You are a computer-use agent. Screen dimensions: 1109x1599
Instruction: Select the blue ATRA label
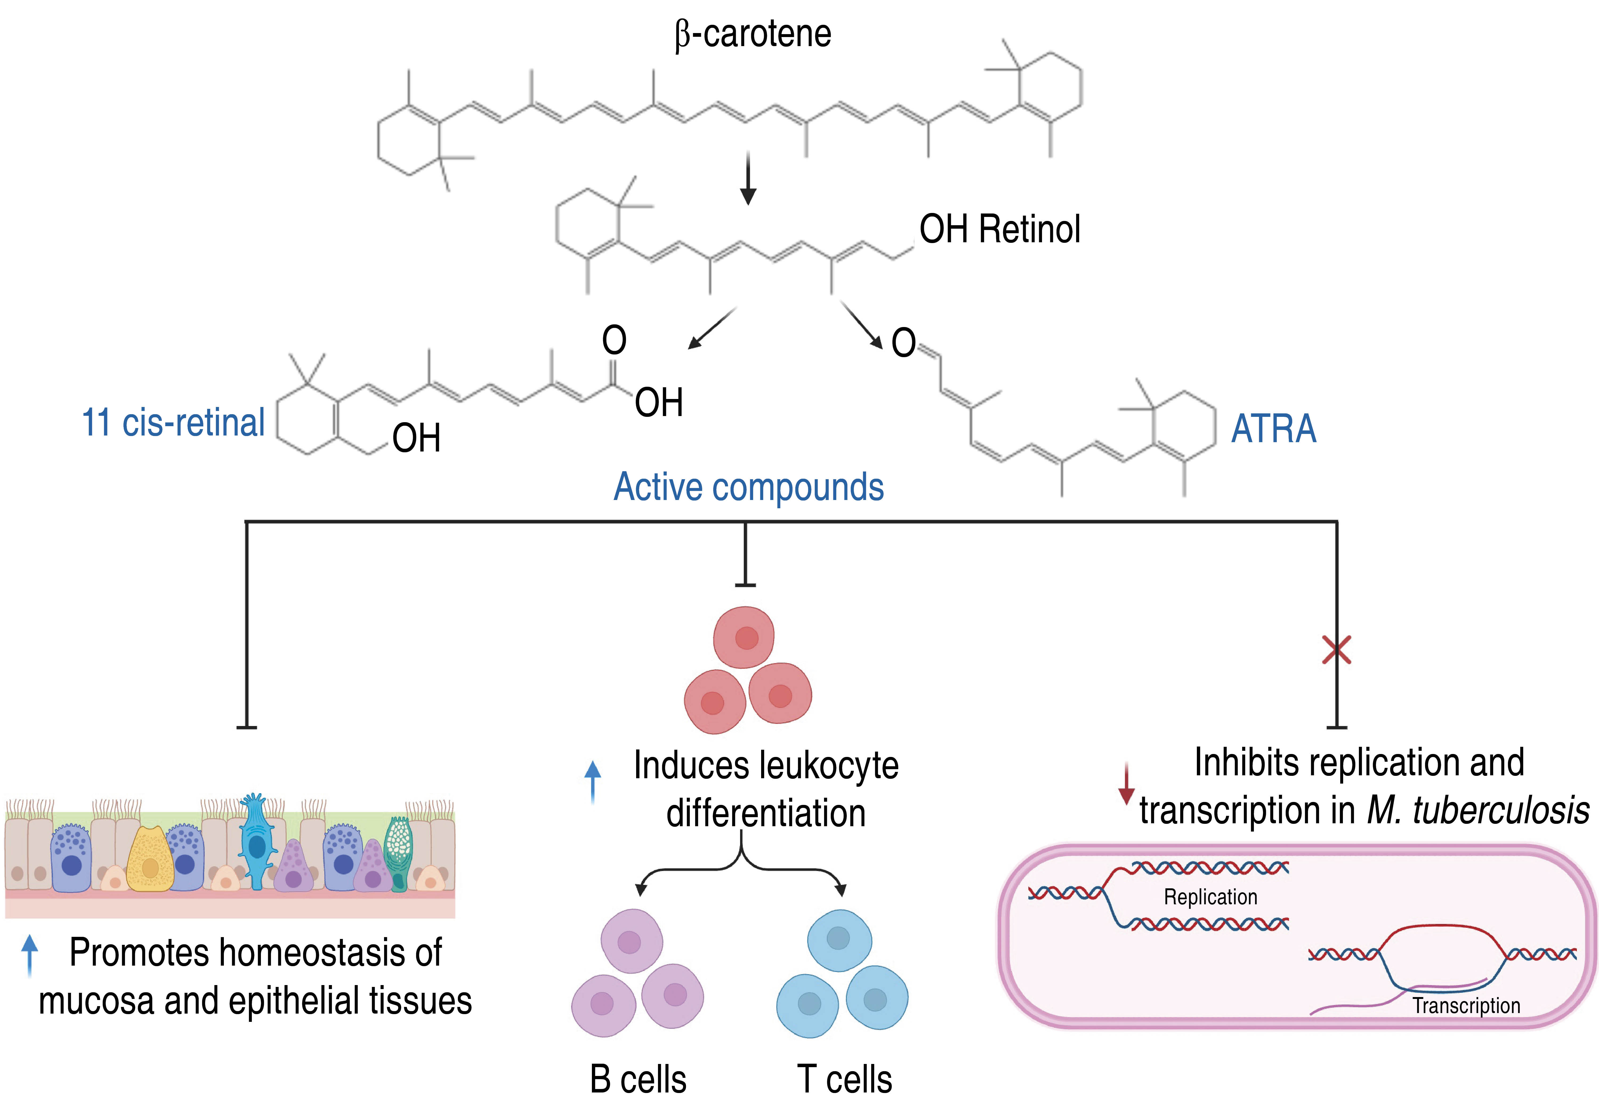[1273, 428]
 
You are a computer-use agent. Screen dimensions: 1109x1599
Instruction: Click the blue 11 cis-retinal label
[173, 422]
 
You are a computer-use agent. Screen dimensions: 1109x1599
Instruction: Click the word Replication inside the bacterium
[1210, 897]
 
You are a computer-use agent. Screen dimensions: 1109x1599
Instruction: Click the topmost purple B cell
[631, 941]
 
